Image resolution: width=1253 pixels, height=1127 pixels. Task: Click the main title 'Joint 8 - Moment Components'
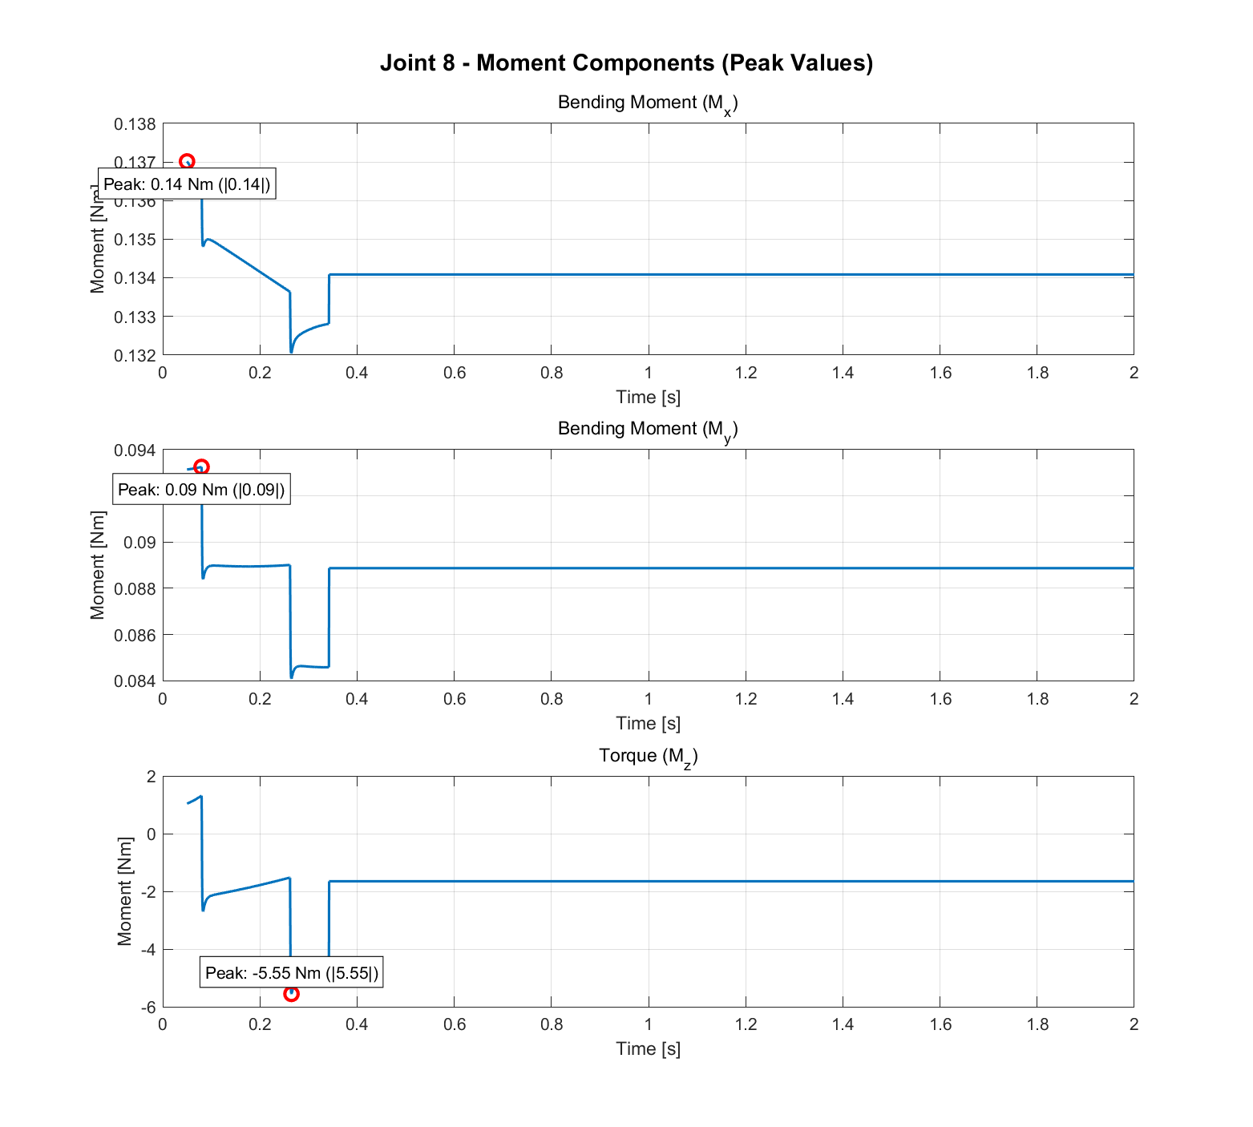point(626,63)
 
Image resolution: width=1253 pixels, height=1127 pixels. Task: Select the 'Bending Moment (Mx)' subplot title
point(648,103)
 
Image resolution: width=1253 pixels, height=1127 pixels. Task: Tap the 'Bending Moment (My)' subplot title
point(648,430)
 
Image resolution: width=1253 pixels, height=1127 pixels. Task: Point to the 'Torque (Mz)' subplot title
point(648,756)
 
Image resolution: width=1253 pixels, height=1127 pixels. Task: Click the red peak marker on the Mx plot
point(187,162)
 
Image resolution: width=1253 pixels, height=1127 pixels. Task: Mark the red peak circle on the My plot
point(201,467)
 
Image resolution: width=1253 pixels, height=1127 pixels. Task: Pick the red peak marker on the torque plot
point(291,993)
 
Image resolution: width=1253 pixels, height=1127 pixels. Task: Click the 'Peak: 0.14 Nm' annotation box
point(187,184)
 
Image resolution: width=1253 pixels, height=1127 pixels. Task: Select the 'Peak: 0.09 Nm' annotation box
point(201,490)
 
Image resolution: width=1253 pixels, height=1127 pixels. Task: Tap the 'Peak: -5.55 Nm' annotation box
point(291,973)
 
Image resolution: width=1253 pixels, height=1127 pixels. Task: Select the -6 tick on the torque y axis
point(148,1008)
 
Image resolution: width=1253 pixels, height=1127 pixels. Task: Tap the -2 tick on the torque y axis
point(148,892)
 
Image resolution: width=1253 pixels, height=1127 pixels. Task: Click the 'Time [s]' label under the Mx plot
point(648,397)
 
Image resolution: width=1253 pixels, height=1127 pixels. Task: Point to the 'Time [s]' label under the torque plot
point(648,1048)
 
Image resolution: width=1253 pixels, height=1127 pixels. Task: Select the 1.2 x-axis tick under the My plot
point(746,699)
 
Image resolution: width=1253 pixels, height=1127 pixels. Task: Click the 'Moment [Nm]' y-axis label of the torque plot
point(124,891)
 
